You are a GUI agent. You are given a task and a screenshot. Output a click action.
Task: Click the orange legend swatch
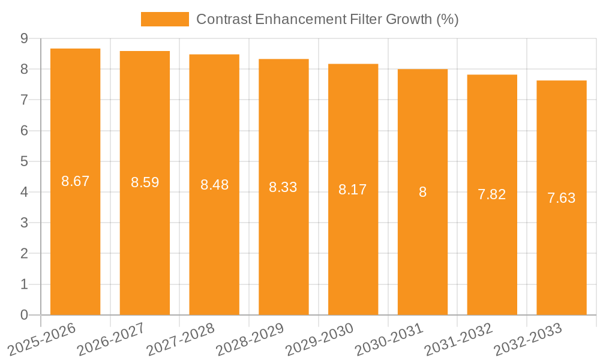pyautogui.click(x=164, y=19)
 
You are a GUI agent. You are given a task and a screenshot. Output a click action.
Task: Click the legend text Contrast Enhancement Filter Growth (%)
pyautogui.click(x=327, y=19)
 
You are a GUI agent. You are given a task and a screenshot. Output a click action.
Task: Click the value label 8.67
pyautogui.click(x=75, y=181)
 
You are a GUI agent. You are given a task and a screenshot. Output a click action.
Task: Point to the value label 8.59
pyautogui.click(x=145, y=182)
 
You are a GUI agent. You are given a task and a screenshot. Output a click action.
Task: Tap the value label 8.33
pyautogui.click(x=283, y=187)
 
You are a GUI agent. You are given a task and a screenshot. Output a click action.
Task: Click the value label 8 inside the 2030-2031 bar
pyautogui.click(x=422, y=192)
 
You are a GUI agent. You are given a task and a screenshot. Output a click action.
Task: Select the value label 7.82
pyautogui.click(x=491, y=194)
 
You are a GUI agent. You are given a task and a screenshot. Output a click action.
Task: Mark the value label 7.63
pyautogui.click(x=561, y=198)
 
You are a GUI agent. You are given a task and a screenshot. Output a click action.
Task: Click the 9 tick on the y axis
pyautogui.click(x=24, y=38)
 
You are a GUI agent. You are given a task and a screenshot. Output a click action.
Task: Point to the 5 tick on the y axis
pyautogui.click(x=24, y=161)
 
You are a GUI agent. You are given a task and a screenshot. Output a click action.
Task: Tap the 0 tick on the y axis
pyautogui.click(x=24, y=315)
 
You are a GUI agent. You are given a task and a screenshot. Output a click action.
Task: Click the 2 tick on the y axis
pyautogui.click(x=24, y=254)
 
